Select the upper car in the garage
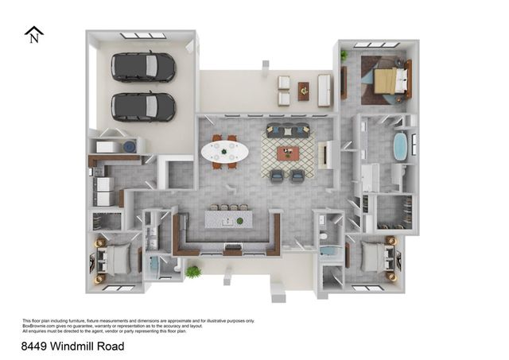pos(143,67)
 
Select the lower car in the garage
pos(143,106)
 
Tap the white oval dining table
pos(224,151)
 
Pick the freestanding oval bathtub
pos(400,148)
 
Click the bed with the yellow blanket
pos(385,79)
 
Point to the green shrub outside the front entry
pos(193,273)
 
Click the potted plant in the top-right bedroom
pos(344,55)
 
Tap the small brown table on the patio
pos(303,91)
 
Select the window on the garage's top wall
pos(143,36)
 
